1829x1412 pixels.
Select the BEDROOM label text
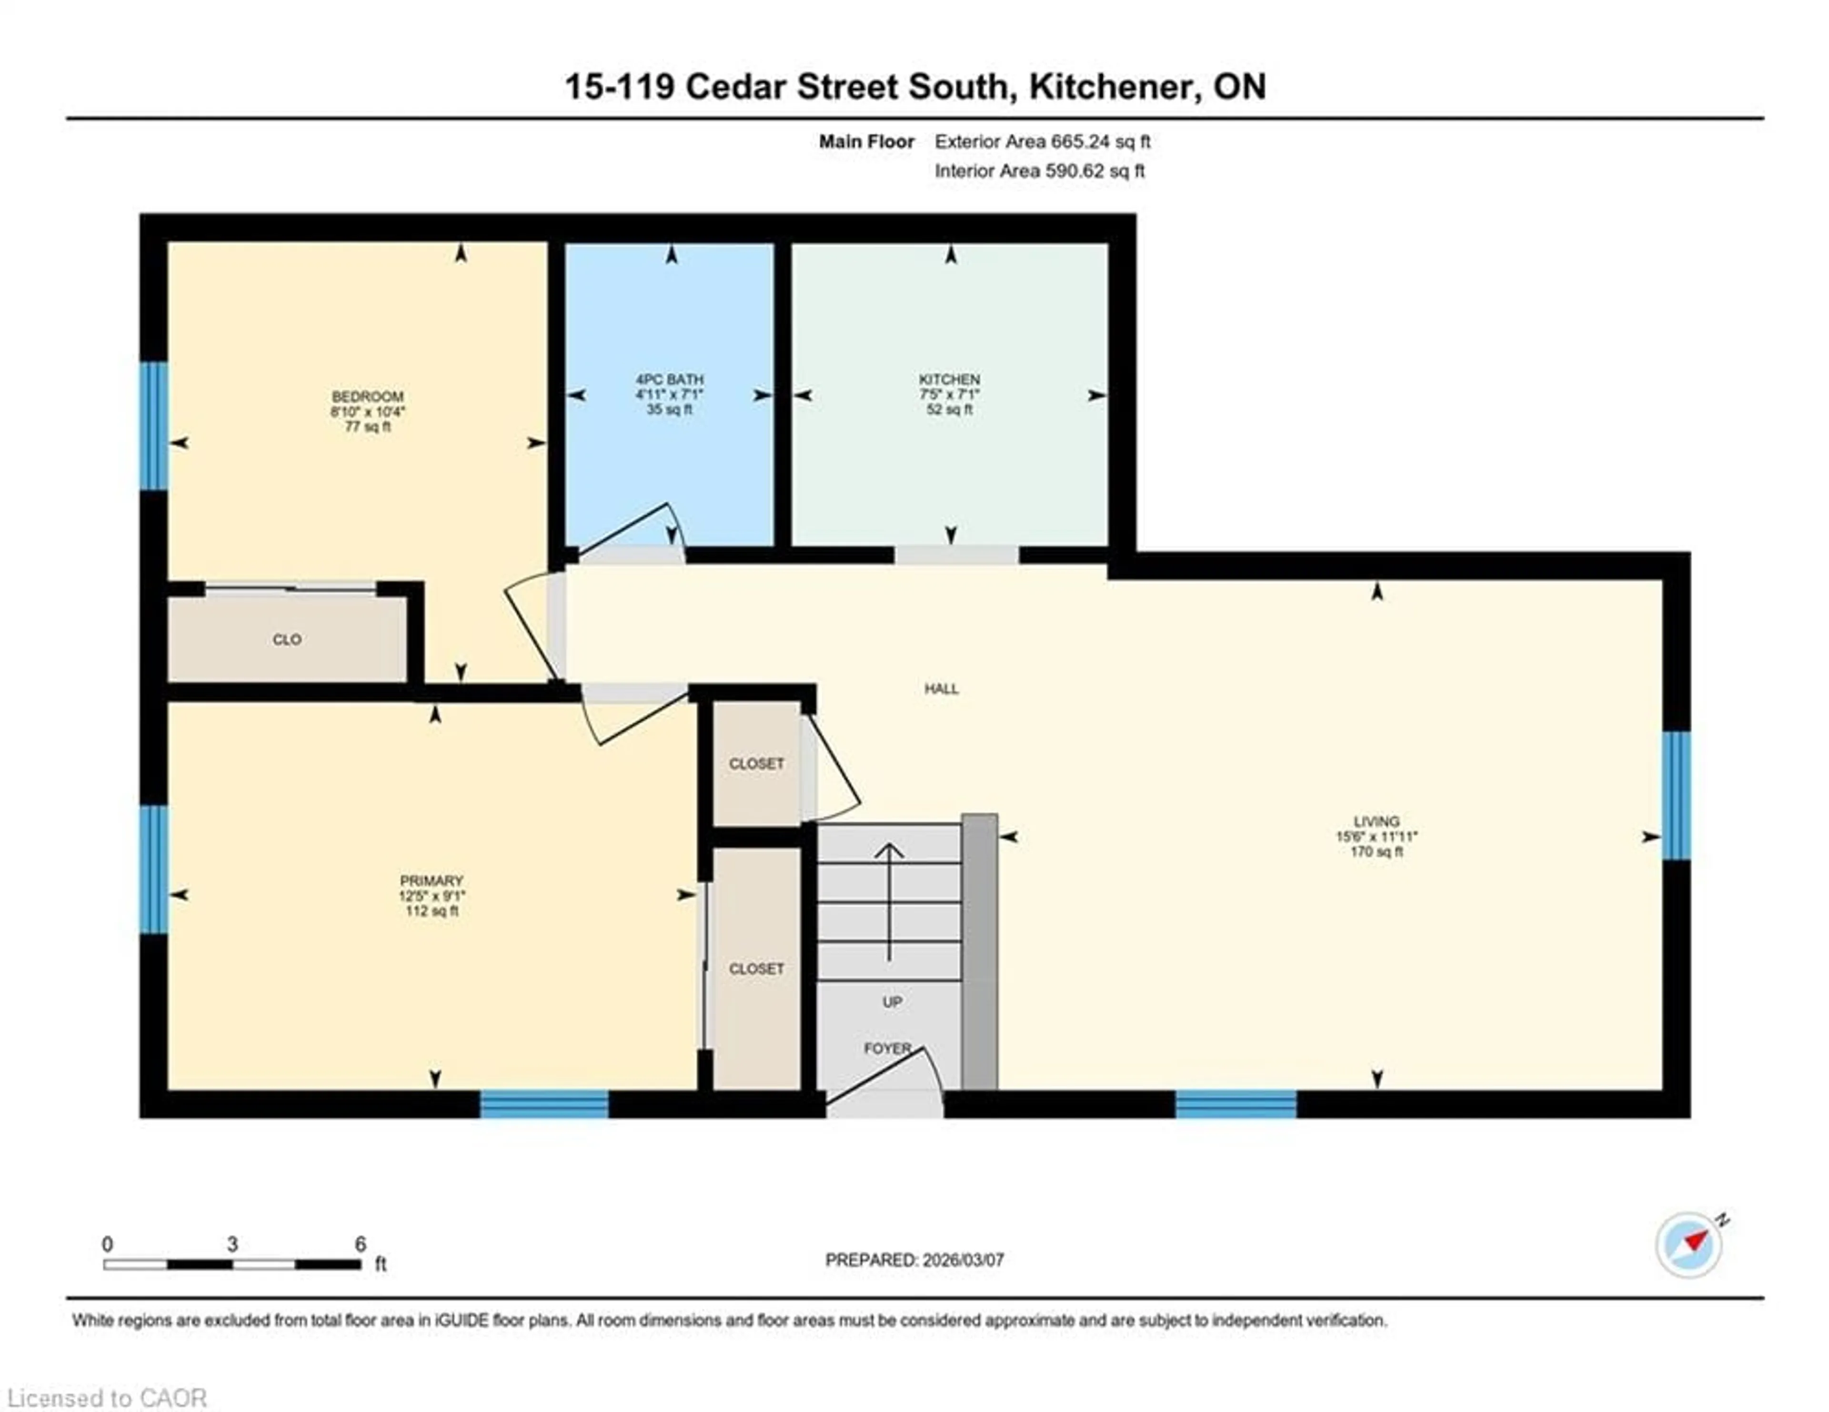pos(368,396)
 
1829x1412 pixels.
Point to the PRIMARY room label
pos(431,880)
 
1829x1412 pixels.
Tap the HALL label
pos(941,688)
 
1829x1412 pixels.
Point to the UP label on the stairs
pos(892,1002)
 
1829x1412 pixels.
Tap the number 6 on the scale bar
pos(360,1244)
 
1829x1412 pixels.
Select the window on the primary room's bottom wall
pos(544,1104)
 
